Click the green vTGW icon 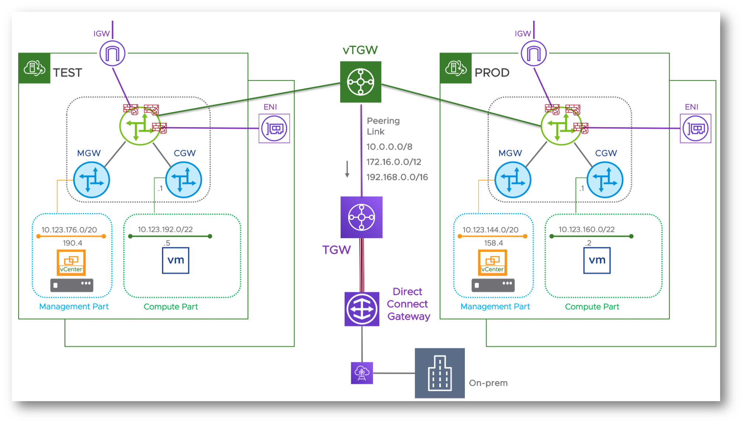coord(360,82)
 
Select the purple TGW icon coord(361,217)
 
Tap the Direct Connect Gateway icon coord(362,309)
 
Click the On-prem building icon coord(439,373)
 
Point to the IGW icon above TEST coord(113,53)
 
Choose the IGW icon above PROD coord(534,53)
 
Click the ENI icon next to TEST coord(274,128)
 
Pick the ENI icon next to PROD coord(695,128)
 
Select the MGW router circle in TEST coord(91,180)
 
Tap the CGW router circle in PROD coord(605,180)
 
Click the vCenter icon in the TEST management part coord(71,263)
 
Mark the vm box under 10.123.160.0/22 coord(597,260)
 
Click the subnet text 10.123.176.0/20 coord(69,230)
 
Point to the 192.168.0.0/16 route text coord(397,177)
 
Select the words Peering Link coord(383,126)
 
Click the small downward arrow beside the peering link coord(347,170)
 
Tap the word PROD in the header coord(492,73)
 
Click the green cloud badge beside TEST coord(34,68)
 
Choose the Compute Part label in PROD coord(592,307)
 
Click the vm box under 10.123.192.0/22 coord(176,260)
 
